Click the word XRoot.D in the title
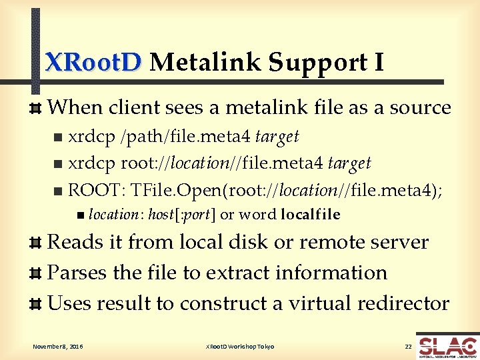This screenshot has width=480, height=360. click(x=93, y=62)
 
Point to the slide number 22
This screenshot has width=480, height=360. click(x=408, y=347)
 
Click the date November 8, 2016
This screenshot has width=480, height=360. click(x=59, y=347)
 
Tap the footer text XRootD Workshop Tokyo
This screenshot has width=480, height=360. click(x=240, y=347)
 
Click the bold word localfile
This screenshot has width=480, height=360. click(x=311, y=215)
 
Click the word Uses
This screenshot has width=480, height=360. click(x=69, y=303)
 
